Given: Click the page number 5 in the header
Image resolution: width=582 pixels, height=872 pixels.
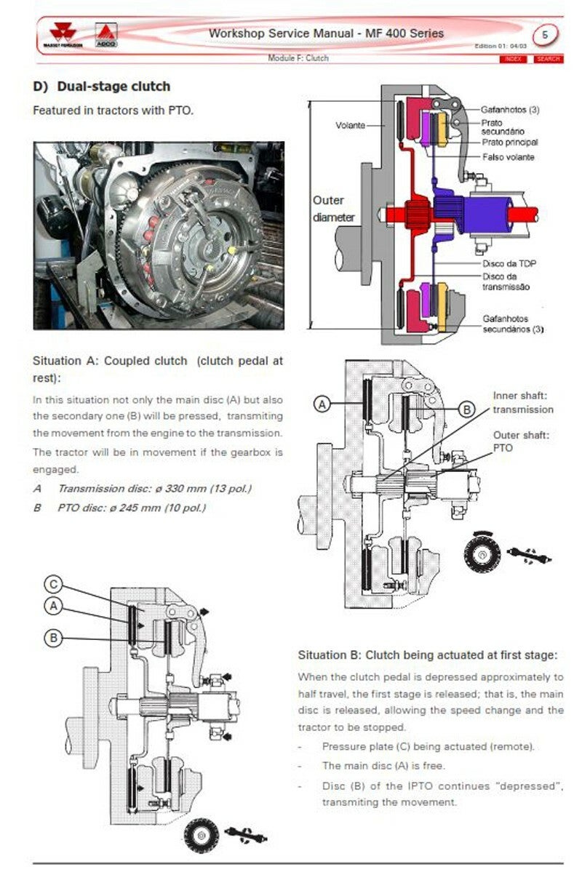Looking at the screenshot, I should pos(546,35).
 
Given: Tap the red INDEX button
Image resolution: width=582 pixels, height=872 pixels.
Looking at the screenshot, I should pos(513,59).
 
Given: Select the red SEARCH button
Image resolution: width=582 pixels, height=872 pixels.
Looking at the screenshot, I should pos(547,59).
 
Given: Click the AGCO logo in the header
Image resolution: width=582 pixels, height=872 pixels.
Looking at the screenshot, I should pos(106,36).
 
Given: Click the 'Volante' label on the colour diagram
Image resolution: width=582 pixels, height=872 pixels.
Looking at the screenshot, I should pos(350,125).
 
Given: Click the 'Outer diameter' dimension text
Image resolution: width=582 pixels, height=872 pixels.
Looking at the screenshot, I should pos(334,209).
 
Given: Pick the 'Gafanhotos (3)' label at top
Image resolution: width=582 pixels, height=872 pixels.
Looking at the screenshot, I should pos(510,110).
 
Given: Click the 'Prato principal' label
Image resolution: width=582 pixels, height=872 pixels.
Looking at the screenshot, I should pos(509,143).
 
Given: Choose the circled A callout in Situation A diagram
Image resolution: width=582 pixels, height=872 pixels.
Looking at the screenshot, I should pos(323,404).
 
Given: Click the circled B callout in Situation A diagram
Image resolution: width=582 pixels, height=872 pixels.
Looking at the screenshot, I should pos(466,410).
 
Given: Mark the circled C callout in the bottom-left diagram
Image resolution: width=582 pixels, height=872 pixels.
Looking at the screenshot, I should pos(53,583).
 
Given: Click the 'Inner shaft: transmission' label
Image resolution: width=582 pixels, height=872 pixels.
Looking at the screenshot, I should pos(522,402).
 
